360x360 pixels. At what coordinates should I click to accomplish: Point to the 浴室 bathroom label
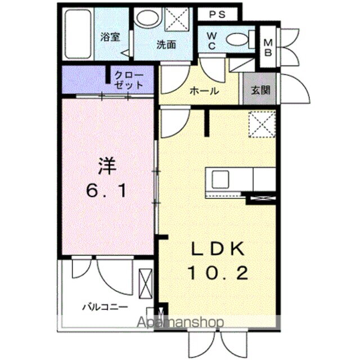pyautogui.click(x=110, y=37)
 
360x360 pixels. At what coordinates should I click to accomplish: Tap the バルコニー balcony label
pyautogui.click(x=105, y=307)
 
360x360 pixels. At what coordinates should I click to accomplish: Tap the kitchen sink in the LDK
pyautogui.click(x=218, y=179)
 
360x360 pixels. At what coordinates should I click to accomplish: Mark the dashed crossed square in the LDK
pyautogui.click(x=262, y=124)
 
